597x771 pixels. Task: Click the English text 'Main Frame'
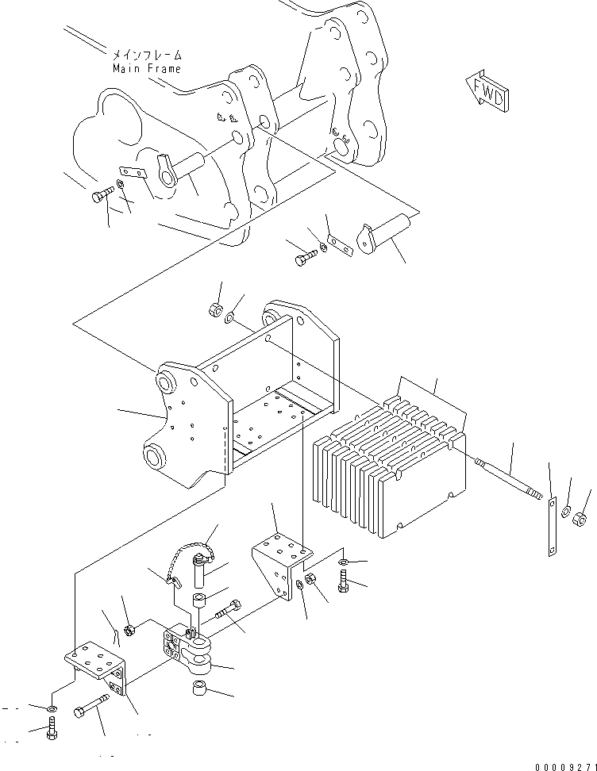147,68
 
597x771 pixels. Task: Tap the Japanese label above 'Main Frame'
147,55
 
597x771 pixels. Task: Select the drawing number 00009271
566,766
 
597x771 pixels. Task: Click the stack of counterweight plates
389,468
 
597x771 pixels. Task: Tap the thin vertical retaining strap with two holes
553,527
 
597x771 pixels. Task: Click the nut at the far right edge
580,519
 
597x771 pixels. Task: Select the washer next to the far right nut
566,512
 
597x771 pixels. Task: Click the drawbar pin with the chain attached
200,571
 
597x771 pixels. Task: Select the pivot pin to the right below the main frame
383,234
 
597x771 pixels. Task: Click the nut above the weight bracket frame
215,310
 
